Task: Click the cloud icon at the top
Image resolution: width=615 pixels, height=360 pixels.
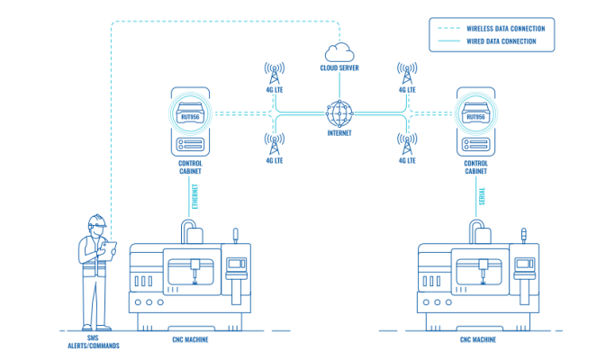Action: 339,51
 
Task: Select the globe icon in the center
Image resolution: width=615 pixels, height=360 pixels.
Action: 339,113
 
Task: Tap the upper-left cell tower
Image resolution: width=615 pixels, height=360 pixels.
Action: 274,71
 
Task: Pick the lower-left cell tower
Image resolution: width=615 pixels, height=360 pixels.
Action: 274,142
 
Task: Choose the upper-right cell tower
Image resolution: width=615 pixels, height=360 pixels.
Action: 407,71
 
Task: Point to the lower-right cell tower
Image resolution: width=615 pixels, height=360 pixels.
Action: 407,142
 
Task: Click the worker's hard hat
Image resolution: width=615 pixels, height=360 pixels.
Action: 96,220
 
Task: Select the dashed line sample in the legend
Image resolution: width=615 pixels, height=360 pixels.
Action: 448,28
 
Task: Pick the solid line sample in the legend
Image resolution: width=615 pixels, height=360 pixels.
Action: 448,41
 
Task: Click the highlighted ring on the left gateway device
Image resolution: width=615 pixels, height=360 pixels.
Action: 190,114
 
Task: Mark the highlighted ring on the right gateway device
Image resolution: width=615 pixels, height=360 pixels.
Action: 475,114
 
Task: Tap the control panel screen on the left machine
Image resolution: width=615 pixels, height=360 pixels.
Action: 236,266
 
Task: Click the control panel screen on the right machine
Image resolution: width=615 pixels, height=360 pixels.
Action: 524,266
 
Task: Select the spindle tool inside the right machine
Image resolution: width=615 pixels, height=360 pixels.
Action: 482,270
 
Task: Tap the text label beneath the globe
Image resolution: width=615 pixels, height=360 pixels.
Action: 339,133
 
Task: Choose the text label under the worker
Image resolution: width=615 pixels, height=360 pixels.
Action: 94,343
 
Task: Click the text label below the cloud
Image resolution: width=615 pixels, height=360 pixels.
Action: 339,67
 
